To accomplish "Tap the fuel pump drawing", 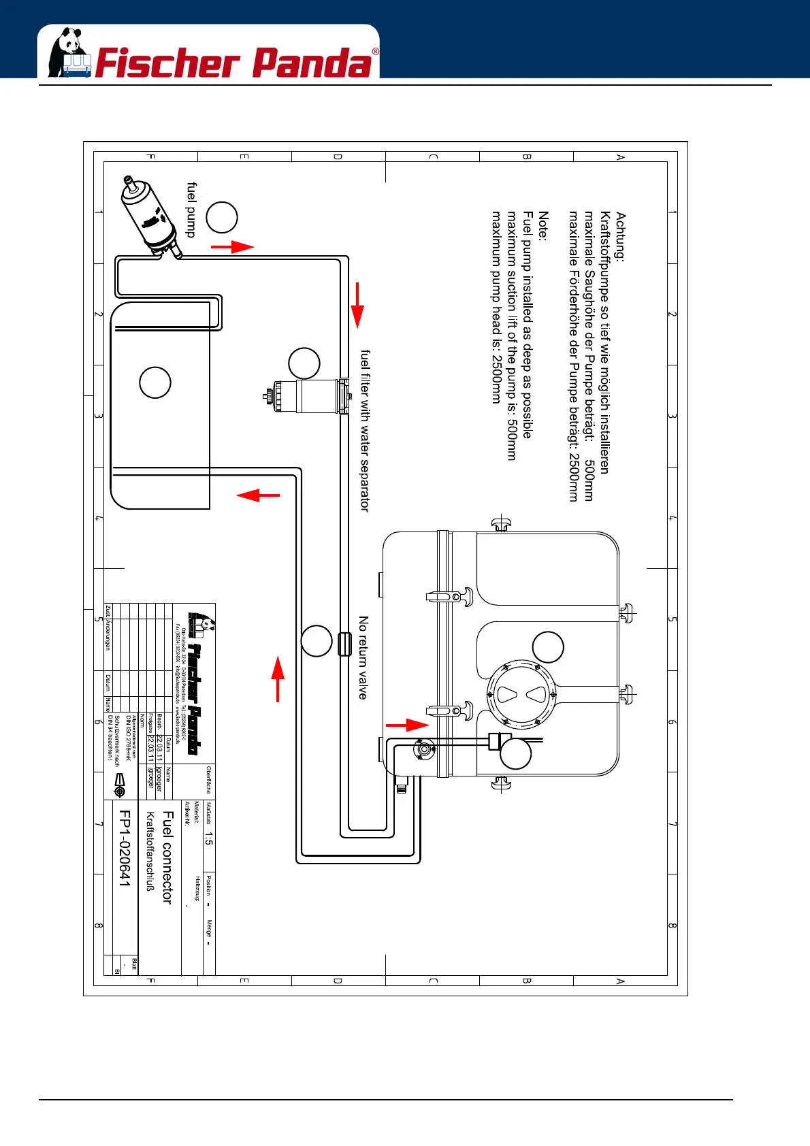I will [149, 217].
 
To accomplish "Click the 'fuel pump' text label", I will [191, 210].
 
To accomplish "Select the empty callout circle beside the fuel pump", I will [221, 218].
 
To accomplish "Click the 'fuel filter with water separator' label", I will [365, 431].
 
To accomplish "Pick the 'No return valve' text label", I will [363, 658].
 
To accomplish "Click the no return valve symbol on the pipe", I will [344, 644].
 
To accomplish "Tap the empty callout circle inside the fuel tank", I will [155, 382].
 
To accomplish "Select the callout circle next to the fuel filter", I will [304, 363].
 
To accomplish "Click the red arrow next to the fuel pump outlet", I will [233, 246].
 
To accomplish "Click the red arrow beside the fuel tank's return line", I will [258, 495].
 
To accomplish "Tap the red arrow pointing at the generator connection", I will [408, 725].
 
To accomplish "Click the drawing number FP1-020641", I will [125, 848].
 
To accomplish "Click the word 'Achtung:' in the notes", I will [620, 236].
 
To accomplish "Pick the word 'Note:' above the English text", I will [542, 225].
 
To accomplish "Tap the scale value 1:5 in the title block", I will [209, 838].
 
